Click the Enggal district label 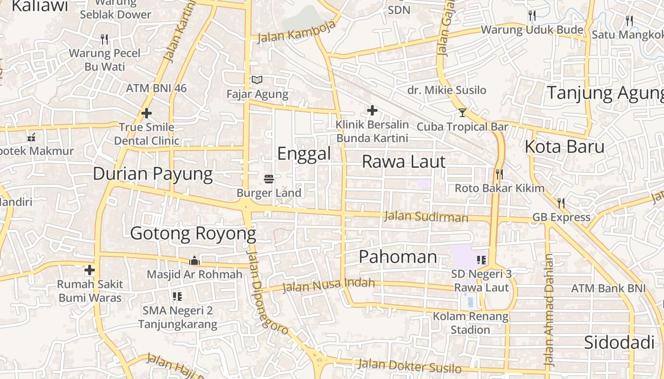[304, 153]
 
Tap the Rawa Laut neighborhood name [404, 162]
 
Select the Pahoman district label [397, 257]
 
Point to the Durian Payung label [153, 173]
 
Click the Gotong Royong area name [193, 233]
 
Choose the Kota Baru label [564, 146]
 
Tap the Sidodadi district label [617, 342]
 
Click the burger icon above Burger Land [269, 179]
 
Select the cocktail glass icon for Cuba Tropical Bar [462, 113]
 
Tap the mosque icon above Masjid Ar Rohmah [194, 261]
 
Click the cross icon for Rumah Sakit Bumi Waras [89, 271]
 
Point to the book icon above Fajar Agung [257, 80]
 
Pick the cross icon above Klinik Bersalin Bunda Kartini [372, 111]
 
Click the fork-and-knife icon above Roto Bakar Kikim [499, 174]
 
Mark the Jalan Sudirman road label [426, 217]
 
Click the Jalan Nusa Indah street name [328, 286]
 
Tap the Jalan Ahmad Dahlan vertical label [549, 310]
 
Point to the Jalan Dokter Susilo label [409, 366]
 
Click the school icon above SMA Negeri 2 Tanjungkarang [177, 297]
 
